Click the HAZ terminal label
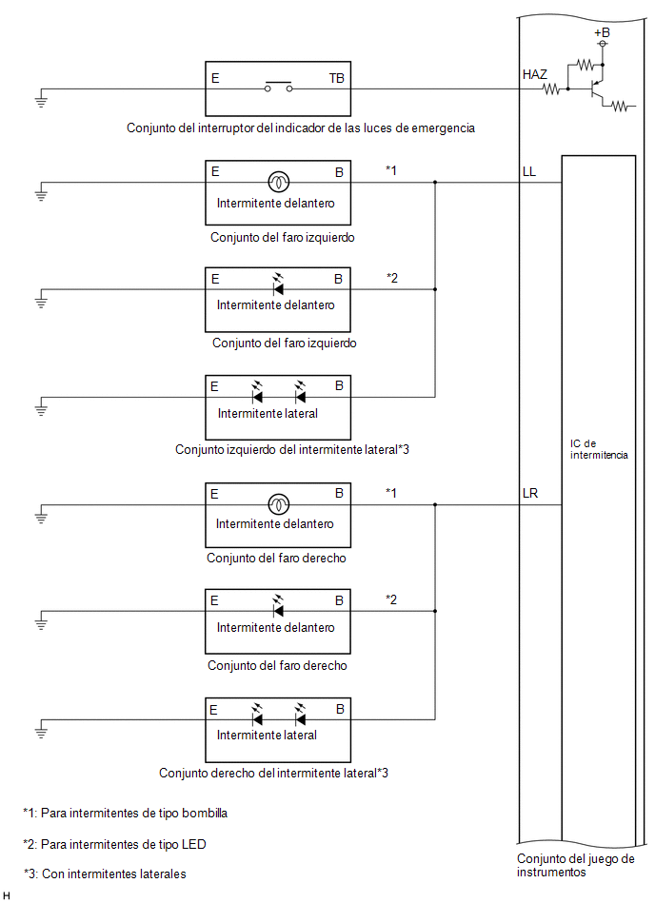pos(535,74)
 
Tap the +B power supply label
pos(602,32)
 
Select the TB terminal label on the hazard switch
pos(336,78)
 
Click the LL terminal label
pos(528,171)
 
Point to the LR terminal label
pos(530,494)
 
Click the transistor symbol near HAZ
pos(597,89)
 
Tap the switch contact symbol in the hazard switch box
pos(278,87)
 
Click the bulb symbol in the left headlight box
pos(279,183)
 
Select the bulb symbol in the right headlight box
pos(279,504)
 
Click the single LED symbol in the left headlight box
pos(278,285)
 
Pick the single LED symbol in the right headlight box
pos(278,607)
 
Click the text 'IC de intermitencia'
pos(599,449)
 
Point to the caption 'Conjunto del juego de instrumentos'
pos(575,865)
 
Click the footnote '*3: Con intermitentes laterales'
pos(105,874)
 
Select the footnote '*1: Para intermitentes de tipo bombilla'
pos(125,814)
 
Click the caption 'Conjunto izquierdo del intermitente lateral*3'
pos(292,449)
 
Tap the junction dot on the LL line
pos(435,183)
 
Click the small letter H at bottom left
pos(7,895)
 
